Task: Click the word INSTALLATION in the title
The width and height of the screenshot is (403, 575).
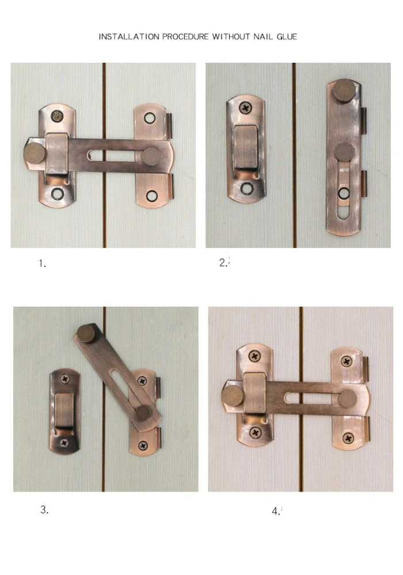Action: click(x=129, y=37)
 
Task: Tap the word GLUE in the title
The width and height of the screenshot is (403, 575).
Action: click(x=287, y=37)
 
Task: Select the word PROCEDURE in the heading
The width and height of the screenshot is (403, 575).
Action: click(x=185, y=37)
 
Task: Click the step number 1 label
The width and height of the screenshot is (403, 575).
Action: click(x=42, y=263)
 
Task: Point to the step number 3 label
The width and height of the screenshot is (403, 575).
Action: click(x=44, y=509)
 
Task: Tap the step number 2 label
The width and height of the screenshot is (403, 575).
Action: click(x=223, y=262)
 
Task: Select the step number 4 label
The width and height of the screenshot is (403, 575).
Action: click(x=276, y=511)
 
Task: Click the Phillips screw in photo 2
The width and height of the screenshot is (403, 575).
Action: click(x=245, y=108)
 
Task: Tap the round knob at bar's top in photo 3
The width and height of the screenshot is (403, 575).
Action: click(x=86, y=333)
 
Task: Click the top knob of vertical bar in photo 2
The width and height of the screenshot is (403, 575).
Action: click(x=344, y=89)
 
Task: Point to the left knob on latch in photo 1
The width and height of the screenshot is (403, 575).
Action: click(x=35, y=153)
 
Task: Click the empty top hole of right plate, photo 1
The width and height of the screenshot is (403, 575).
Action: click(x=150, y=118)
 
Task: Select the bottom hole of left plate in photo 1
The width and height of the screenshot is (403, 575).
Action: click(x=57, y=193)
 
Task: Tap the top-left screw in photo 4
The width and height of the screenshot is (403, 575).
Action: click(x=254, y=356)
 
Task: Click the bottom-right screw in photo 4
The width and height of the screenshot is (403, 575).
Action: click(x=348, y=438)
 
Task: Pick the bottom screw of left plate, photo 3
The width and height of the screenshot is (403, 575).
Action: click(x=64, y=443)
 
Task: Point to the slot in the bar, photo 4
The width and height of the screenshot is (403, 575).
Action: click(x=311, y=398)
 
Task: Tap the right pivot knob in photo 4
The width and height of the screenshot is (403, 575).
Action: click(x=348, y=399)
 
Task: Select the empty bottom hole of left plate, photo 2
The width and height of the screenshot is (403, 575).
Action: click(x=247, y=188)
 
